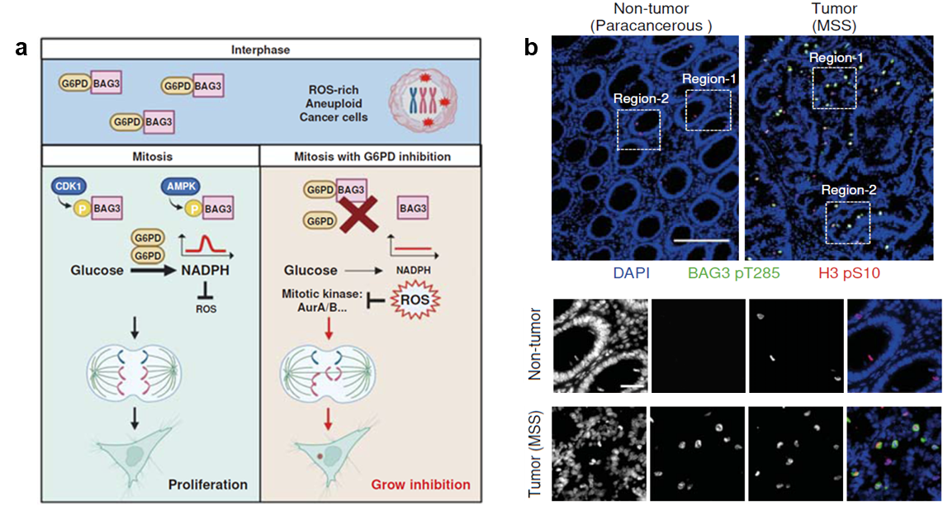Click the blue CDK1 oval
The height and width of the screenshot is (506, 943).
tap(69, 187)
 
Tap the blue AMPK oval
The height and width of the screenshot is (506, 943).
tap(180, 187)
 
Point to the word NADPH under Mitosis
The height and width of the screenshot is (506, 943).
tap(205, 271)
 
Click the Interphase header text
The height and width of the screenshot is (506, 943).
tap(260, 50)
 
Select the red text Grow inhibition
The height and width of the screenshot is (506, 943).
tap(421, 485)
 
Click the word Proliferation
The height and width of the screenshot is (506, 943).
tap(208, 485)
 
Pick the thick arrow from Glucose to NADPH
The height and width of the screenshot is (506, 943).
tap(152, 271)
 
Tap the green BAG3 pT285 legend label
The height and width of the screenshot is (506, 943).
tap(734, 273)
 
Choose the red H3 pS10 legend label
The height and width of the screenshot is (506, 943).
tap(849, 273)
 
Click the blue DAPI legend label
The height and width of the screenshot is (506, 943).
tap(632, 273)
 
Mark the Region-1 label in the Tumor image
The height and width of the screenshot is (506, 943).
tap(836, 59)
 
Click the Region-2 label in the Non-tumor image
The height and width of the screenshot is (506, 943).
tap(641, 99)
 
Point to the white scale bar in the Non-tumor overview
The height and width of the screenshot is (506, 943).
tap(701, 240)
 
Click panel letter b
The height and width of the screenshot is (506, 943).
tap(531, 47)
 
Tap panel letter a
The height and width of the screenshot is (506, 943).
tap(21, 48)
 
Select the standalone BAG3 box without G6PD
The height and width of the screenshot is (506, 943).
tap(413, 209)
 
